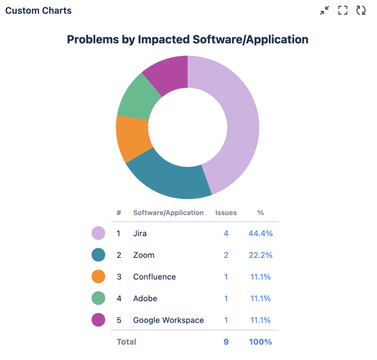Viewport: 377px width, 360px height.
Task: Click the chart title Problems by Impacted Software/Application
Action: pos(188,39)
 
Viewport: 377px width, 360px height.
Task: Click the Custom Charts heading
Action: pos(38,10)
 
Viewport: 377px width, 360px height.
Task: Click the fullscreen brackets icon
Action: pos(343,10)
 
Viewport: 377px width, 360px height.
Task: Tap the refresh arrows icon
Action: pos(361,10)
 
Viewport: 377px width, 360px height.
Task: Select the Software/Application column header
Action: pos(168,213)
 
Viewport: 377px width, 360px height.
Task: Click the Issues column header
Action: pos(226,213)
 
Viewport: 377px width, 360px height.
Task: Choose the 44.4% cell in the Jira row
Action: pos(260,233)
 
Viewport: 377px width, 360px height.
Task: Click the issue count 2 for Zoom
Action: pos(226,255)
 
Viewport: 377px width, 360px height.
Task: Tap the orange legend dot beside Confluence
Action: pos(99,277)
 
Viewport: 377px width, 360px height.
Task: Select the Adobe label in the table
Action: pos(145,298)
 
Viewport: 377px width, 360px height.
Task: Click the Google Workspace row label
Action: pos(168,320)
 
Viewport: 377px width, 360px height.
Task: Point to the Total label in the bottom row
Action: pos(127,341)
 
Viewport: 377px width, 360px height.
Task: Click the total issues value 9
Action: pos(226,341)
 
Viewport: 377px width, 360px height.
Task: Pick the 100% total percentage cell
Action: pos(260,341)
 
